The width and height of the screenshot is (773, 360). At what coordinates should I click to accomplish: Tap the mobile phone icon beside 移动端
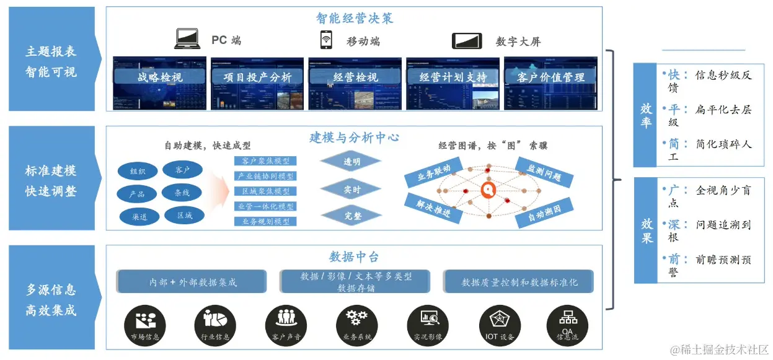(x=325, y=40)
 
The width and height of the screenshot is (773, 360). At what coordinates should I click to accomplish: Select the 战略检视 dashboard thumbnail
(x=160, y=84)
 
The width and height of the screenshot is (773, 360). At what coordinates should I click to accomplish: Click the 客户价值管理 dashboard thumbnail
(x=550, y=84)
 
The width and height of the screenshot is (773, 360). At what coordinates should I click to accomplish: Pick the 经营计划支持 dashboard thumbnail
(x=453, y=84)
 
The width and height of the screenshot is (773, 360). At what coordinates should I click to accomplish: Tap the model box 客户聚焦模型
(x=265, y=161)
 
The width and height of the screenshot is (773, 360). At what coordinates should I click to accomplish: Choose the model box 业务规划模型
(x=265, y=221)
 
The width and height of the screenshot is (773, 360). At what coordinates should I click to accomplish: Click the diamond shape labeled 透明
(x=351, y=162)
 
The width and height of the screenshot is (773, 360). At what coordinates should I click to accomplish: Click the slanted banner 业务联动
(x=434, y=173)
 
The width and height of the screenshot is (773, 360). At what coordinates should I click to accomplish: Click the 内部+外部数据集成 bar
(x=193, y=282)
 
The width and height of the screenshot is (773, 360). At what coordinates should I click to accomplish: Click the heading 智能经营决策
(x=354, y=18)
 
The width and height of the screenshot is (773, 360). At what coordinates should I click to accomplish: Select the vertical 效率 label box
(x=646, y=115)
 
